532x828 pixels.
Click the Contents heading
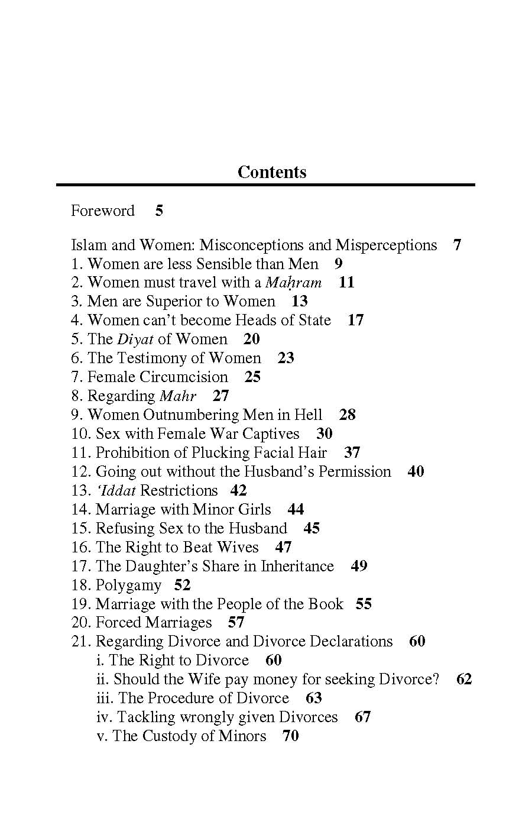[x=272, y=172]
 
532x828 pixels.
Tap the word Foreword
[x=103, y=211]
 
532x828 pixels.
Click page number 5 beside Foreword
[x=159, y=211]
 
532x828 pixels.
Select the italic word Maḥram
[x=293, y=283]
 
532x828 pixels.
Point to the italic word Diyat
[x=135, y=339]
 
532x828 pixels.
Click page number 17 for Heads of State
[x=355, y=321]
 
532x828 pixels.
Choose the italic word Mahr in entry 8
[x=178, y=396]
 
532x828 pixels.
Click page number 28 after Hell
[x=347, y=415]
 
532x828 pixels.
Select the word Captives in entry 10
[x=271, y=434]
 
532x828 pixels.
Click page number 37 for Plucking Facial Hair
[x=352, y=453]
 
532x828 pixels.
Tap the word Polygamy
[x=128, y=586]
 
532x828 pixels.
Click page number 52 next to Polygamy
[x=182, y=586]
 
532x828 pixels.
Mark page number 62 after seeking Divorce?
[x=464, y=680]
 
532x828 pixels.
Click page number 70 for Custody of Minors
[x=290, y=736]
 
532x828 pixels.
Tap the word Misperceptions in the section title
[x=386, y=245]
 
